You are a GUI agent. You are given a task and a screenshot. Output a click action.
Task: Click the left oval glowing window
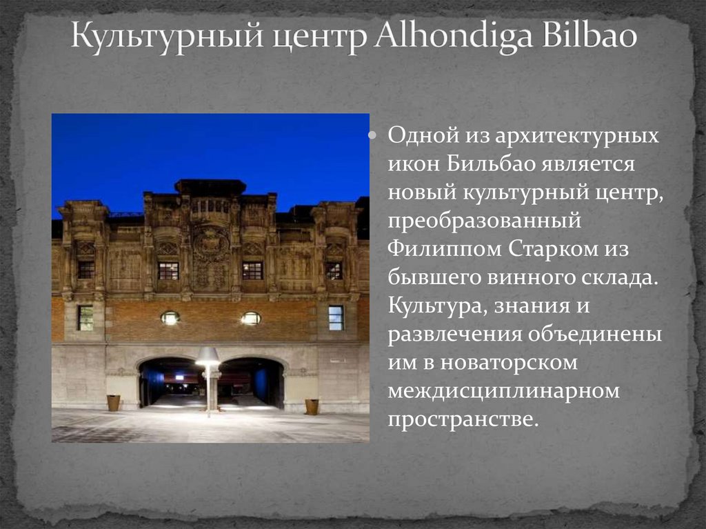tap(170, 317)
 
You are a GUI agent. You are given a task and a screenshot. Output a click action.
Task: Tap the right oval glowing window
tap(251, 318)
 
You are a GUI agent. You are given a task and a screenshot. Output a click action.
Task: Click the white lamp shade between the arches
tap(208, 356)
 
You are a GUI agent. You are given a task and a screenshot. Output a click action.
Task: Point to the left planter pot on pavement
tap(113, 403)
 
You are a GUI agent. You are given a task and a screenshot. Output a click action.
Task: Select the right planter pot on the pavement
tap(312, 406)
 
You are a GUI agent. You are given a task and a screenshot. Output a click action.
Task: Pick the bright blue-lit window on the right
tap(336, 317)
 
